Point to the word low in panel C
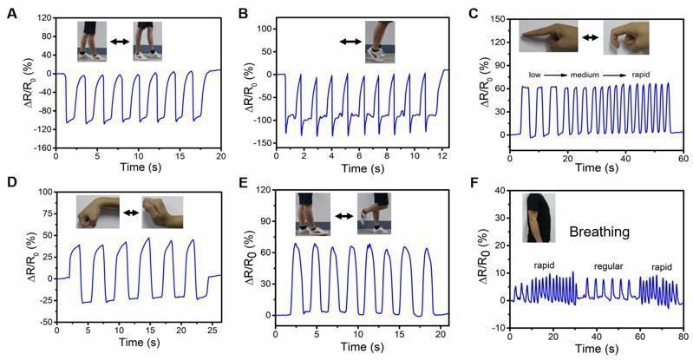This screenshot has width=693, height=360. click(537, 75)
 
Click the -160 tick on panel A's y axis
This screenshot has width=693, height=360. click(41, 148)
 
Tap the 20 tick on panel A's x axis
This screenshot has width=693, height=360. click(220, 158)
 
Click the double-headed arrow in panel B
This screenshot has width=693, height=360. click(351, 41)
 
